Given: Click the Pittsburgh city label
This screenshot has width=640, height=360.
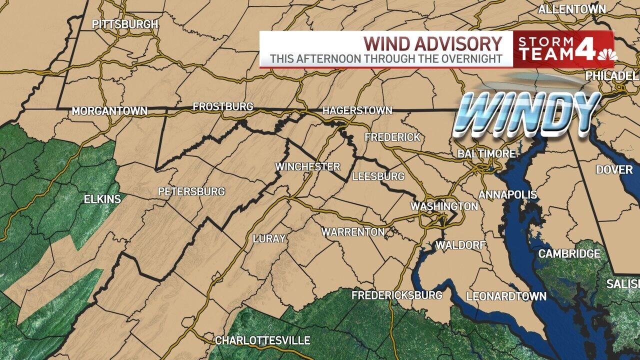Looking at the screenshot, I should pyautogui.click(x=125, y=24).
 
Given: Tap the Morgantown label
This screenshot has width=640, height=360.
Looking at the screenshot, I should pyautogui.click(x=109, y=111).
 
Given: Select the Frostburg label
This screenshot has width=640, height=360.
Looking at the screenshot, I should pyautogui.click(x=223, y=106).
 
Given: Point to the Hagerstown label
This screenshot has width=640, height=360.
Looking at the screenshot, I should pyautogui.click(x=357, y=110).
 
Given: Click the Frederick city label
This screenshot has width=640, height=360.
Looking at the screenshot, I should pyautogui.click(x=392, y=137).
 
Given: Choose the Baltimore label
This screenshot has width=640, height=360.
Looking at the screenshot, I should pyautogui.click(x=486, y=153).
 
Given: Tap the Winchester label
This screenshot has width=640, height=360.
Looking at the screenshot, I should pyautogui.click(x=308, y=166).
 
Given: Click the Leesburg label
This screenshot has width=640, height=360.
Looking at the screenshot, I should pyautogui.click(x=378, y=176).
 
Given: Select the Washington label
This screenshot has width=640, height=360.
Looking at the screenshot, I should pyautogui.click(x=444, y=206).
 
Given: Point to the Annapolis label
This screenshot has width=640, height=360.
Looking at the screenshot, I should pyautogui.click(x=507, y=194).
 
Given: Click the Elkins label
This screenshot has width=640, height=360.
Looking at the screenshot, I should pyautogui.click(x=102, y=199).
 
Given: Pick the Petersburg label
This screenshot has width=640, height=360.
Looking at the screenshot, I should pyautogui.click(x=191, y=191).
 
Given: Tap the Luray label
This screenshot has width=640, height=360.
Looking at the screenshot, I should pyautogui.click(x=269, y=238).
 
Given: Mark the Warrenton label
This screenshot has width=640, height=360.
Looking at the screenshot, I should pyautogui.click(x=353, y=232).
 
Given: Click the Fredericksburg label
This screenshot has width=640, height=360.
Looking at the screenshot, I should pyautogui.click(x=397, y=295).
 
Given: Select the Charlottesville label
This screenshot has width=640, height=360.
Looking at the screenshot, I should pyautogui.click(x=262, y=340).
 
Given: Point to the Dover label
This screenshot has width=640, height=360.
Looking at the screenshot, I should pyautogui.click(x=614, y=169).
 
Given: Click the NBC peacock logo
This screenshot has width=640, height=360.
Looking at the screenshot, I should pyautogui.click(x=607, y=54).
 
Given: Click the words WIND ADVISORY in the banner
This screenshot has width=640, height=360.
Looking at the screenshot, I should pyautogui.click(x=432, y=43).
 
